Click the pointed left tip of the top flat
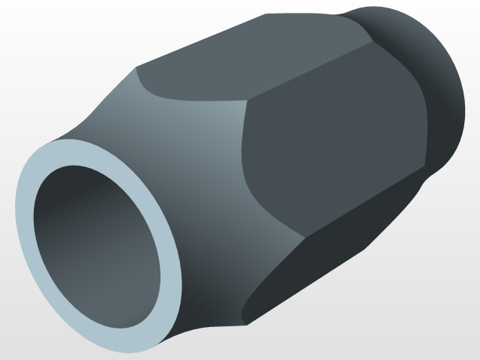pos(136,69)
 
